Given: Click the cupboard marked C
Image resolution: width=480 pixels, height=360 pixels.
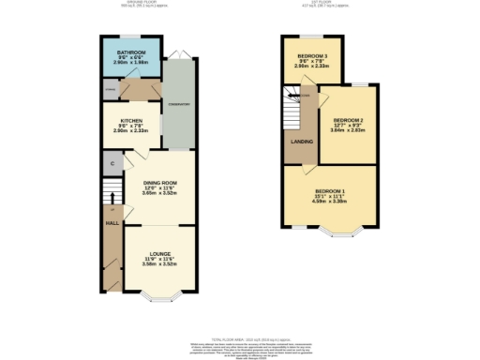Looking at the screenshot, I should point(112,163).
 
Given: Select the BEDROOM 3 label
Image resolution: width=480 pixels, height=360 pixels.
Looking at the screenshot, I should point(312,56).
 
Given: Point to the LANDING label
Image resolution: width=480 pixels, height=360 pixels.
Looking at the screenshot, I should point(303,142).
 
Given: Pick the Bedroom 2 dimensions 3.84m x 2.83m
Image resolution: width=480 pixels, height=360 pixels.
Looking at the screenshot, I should point(346,130).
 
